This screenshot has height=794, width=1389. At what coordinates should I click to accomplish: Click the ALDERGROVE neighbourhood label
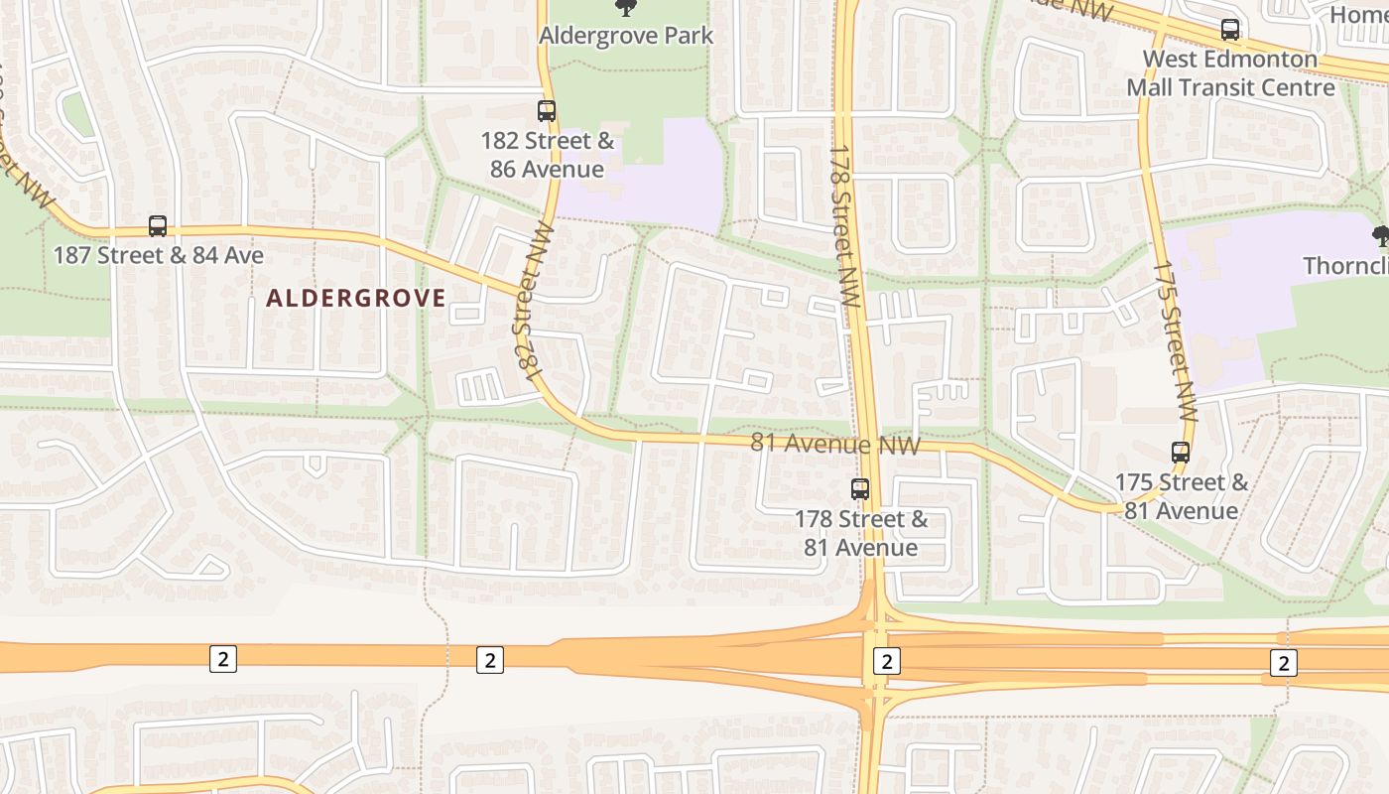tap(356, 298)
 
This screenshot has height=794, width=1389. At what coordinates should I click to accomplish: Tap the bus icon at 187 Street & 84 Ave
tap(158, 226)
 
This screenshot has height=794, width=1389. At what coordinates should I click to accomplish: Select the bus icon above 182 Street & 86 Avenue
tap(547, 111)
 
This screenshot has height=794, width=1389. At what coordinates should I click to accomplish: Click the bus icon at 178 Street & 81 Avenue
tap(860, 489)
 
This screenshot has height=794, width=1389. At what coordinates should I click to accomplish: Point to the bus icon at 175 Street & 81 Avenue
tap(1181, 453)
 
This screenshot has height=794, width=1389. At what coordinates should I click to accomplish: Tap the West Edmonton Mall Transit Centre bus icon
tap(1230, 30)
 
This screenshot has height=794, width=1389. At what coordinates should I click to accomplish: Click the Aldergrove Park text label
tap(626, 36)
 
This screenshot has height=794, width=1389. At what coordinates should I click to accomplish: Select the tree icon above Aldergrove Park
tap(626, 8)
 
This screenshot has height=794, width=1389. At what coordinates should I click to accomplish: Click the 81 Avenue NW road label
tap(835, 444)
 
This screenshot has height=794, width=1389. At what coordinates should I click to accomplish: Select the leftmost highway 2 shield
tap(223, 658)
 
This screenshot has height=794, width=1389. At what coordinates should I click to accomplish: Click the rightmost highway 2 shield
tap(1284, 662)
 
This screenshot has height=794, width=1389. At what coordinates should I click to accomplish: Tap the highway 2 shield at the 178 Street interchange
tap(886, 661)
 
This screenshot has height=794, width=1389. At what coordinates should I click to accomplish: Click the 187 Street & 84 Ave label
tap(159, 256)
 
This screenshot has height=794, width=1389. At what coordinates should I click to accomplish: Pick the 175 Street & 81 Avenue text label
tap(1181, 496)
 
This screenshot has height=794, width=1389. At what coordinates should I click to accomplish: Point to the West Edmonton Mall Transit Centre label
tap(1230, 73)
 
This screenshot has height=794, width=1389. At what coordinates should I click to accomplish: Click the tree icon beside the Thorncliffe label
tap(1380, 236)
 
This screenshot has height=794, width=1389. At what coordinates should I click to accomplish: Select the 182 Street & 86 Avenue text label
tap(547, 155)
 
